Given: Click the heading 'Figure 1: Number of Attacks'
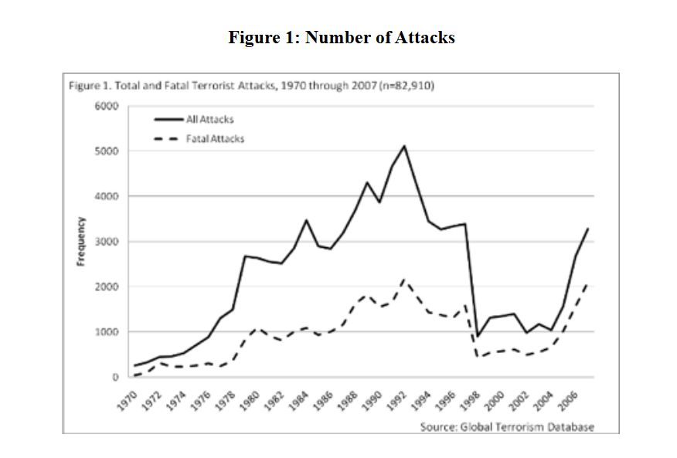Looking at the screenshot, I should pos(341,37).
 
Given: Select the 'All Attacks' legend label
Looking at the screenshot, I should pos(210,120).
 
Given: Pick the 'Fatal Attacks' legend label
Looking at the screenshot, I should pos(216,138).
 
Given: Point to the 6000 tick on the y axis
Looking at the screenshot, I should pos(107,106).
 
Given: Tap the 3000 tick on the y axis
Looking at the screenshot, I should pos(107,242).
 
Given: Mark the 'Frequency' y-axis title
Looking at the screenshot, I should pos(80,241).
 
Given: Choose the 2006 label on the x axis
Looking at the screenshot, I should pos(570,399).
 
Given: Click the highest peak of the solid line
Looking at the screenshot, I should pos(404,146).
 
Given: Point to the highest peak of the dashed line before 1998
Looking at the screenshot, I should pos(404,279).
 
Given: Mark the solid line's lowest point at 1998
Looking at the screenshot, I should pos(478,337).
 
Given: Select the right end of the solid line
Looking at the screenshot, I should pos(588,229).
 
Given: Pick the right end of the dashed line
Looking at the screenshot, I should pos(588,283).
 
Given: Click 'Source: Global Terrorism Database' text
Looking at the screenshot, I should pos(507,427).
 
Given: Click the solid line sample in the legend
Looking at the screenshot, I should pos(167,120).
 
